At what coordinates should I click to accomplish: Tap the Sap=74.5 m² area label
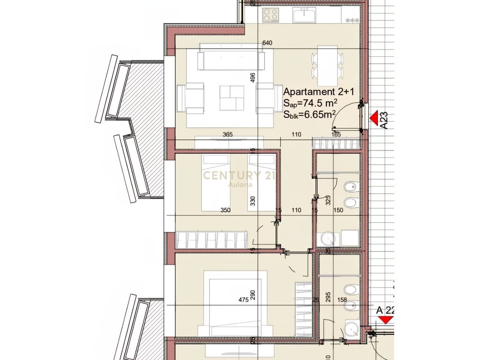(x=310, y=103)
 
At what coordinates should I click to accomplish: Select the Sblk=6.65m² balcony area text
(x=309, y=113)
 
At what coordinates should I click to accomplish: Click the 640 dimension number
(x=267, y=43)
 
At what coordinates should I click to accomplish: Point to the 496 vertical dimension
(x=252, y=77)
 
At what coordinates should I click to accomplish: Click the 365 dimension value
(x=228, y=135)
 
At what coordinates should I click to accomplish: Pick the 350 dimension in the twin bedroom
(x=226, y=210)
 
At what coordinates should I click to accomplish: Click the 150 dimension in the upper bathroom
(x=338, y=210)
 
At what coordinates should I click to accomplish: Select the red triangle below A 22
(x=386, y=320)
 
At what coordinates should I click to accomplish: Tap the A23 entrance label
(x=383, y=120)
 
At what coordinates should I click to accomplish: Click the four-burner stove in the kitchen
(x=270, y=15)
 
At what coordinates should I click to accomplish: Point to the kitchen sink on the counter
(x=306, y=15)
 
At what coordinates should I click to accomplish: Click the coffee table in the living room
(x=232, y=98)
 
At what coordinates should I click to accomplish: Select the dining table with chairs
(x=327, y=65)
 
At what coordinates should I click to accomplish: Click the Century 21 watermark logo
(x=239, y=177)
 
